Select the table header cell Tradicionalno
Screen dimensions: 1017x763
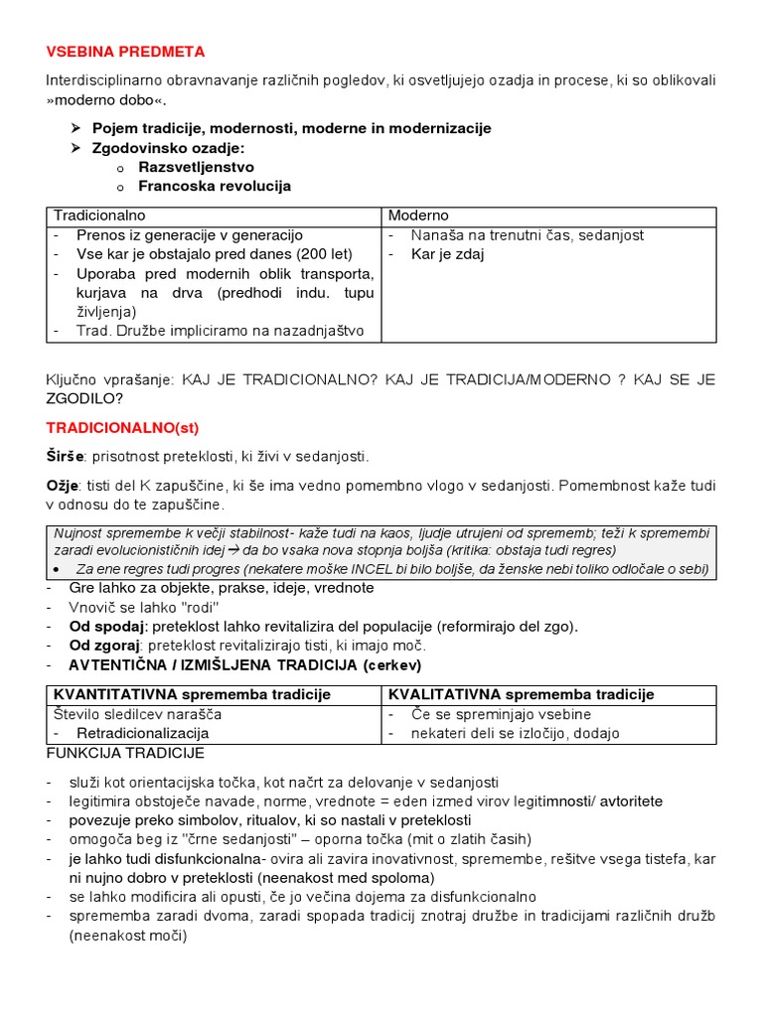[99, 216]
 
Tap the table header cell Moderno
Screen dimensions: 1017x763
[418, 216]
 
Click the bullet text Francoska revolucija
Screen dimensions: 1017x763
[215, 186]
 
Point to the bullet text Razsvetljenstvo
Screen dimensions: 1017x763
[196, 167]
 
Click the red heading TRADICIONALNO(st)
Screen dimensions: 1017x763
[122, 427]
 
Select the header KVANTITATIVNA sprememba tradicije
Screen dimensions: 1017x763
[192, 694]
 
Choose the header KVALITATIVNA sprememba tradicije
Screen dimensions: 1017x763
[521, 694]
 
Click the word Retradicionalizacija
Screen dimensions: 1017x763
[142, 733]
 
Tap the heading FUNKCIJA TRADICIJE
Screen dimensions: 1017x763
[125, 753]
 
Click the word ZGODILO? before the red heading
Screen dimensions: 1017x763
[84, 398]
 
